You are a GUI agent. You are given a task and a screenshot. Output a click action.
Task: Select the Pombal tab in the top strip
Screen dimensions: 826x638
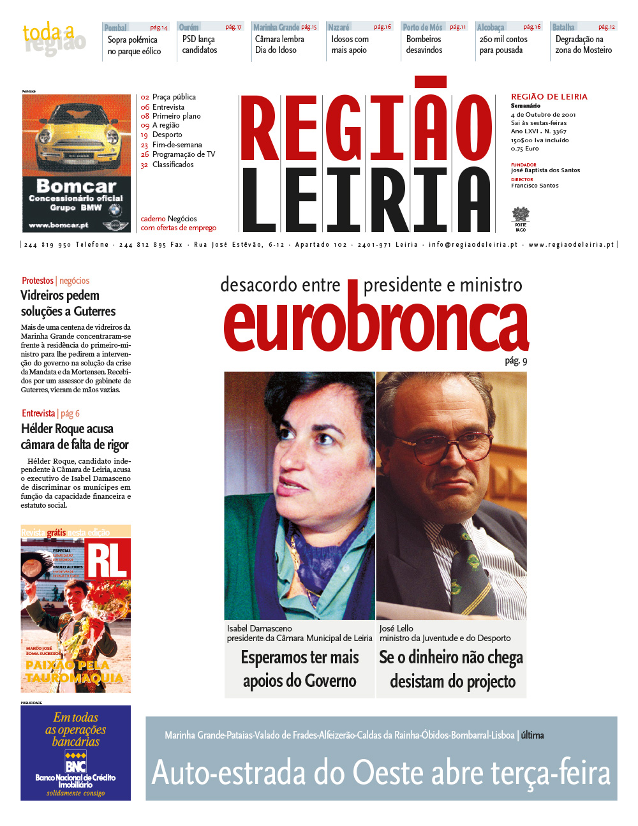point(115,27)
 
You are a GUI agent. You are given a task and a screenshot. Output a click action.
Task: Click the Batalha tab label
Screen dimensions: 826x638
point(563,27)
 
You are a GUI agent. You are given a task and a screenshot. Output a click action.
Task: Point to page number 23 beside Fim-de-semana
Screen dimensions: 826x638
point(145,145)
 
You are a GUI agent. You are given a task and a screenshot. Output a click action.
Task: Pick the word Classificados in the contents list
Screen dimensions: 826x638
point(173,165)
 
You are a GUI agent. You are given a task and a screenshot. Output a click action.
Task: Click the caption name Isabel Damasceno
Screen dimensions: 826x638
point(259,628)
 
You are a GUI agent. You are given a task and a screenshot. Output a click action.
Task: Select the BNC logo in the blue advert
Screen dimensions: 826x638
point(75,763)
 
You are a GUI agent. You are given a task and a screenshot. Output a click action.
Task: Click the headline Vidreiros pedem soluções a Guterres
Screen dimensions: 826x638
point(68,304)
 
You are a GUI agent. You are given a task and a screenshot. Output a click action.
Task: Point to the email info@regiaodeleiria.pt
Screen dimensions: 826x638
point(473,244)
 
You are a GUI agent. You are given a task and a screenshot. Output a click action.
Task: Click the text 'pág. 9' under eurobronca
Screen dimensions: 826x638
point(516,361)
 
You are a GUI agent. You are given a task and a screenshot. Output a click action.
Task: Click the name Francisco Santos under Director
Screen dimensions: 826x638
point(534,186)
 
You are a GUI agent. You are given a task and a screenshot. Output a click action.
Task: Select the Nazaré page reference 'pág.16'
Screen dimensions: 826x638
point(382,27)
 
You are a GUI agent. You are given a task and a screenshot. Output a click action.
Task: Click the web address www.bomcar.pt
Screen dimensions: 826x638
point(59,225)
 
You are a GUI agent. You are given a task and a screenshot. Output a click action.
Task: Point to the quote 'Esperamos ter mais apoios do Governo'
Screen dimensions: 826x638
point(300,669)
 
